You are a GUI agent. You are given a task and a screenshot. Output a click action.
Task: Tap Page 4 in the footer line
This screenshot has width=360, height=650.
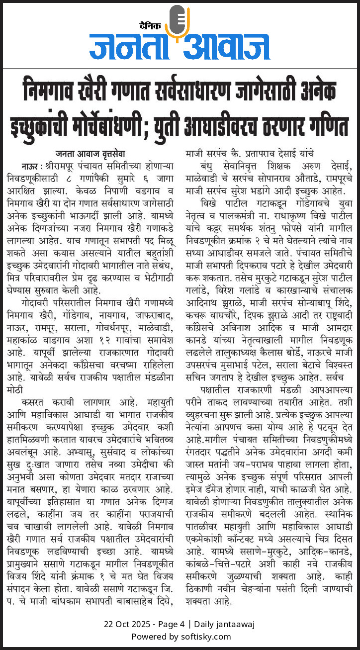click(x=172, y=624)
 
